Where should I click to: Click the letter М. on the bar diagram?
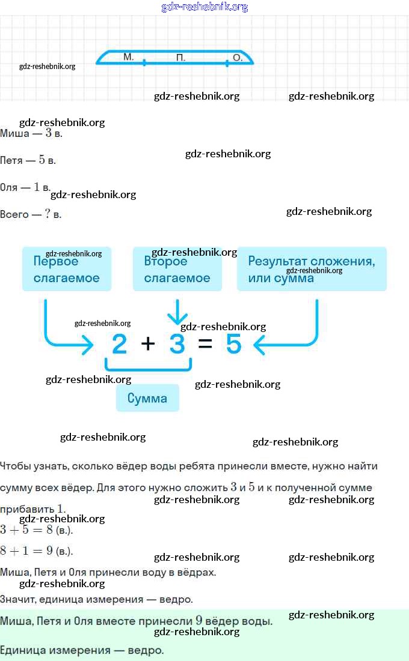(129, 57)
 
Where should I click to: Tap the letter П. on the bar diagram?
(180, 57)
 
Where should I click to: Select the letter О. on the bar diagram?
(238, 57)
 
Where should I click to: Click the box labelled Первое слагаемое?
(67, 269)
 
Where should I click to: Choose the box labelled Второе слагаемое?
(177, 269)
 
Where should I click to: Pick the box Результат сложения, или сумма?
(312, 269)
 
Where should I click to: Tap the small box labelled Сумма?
(147, 398)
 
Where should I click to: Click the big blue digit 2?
(119, 344)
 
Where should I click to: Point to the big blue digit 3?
(177, 344)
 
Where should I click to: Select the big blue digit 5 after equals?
(233, 344)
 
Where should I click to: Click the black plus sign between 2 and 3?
(148, 344)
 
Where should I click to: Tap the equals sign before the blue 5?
(205, 344)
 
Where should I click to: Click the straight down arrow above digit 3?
(177, 312)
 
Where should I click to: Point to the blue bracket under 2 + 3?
(149, 370)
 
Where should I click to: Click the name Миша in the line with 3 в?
(15, 134)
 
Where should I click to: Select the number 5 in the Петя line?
(42, 160)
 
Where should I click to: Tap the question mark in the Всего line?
(48, 214)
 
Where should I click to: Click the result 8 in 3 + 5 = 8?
(49, 530)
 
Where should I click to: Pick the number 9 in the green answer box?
(199, 621)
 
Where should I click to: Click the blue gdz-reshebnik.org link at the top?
(204, 7)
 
